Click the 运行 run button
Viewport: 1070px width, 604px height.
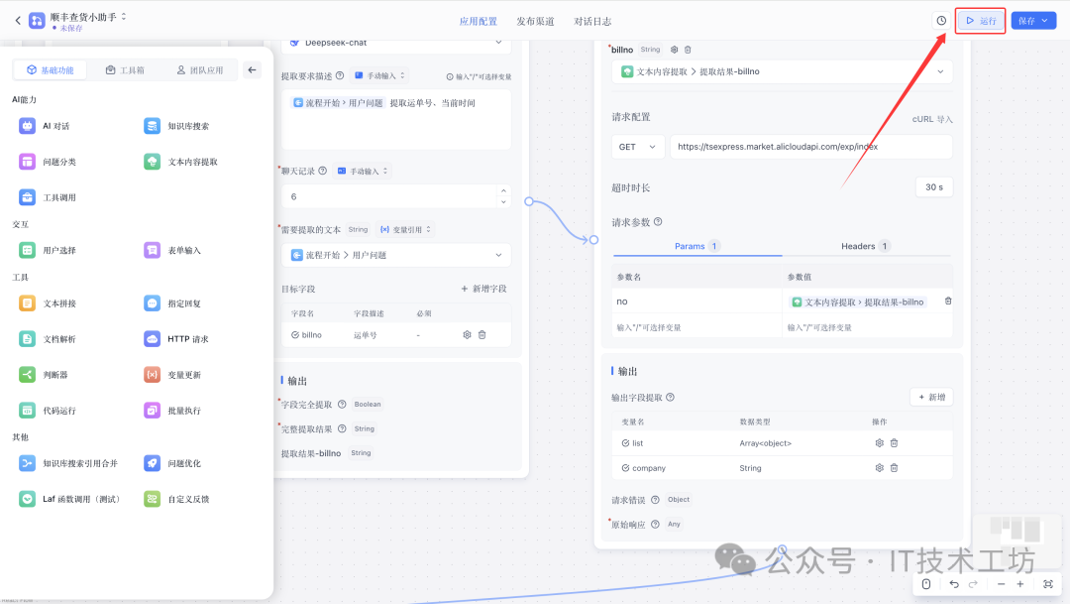point(981,21)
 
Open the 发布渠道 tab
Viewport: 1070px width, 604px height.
point(535,21)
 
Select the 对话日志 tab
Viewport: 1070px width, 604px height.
point(592,21)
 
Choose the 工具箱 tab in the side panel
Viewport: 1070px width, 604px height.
point(125,70)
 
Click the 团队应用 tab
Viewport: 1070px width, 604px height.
point(199,70)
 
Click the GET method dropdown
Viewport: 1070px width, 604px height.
point(639,147)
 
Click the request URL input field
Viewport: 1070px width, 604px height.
point(809,147)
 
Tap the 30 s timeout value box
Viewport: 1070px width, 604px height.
point(933,187)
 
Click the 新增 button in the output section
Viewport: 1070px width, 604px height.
point(931,397)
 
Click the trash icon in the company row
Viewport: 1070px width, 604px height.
point(894,468)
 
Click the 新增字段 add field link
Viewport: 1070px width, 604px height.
point(483,289)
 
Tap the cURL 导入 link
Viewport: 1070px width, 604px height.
point(932,119)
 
